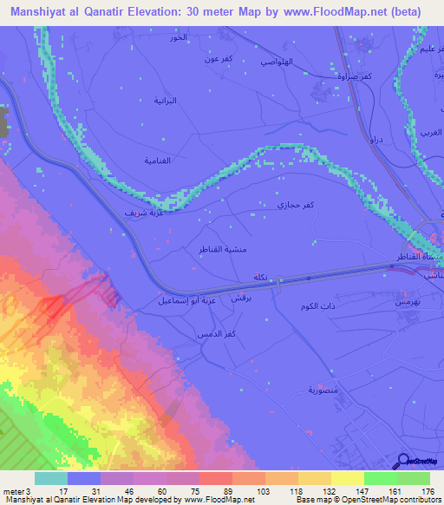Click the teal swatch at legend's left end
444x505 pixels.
pyautogui.click(x=51, y=478)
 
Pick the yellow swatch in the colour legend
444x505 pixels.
pyautogui.click(x=347, y=478)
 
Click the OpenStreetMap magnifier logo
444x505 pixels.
pyautogui.click(x=402, y=461)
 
